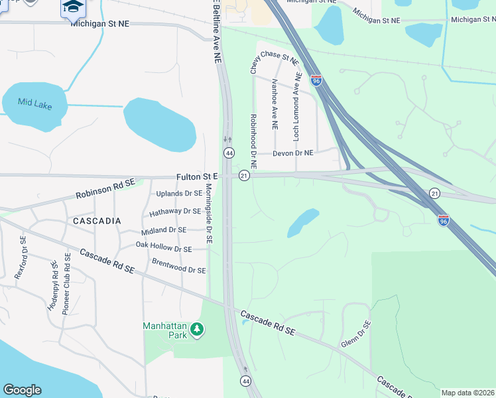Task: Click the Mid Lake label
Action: pyautogui.click(x=34, y=103)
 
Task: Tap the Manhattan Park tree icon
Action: pyautogui.click(x=196, y=330)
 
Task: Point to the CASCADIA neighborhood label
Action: pyautogui.click(x=97, y=220)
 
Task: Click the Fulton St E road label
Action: pyautogui.click(x=197, y=177)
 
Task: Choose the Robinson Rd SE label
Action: pyautogui.click(x=105, y=192)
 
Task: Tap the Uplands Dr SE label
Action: pyautogui.click(x=178, y=194)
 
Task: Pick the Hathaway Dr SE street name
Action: pyautogui.click(x=175, y=212)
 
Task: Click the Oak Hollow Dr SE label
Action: pyautogui.click(x=164, y=247)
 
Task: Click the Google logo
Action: pyautogui.click(x=22, y=390)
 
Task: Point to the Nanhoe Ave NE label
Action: pyautogui.click(x=275, y=104)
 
